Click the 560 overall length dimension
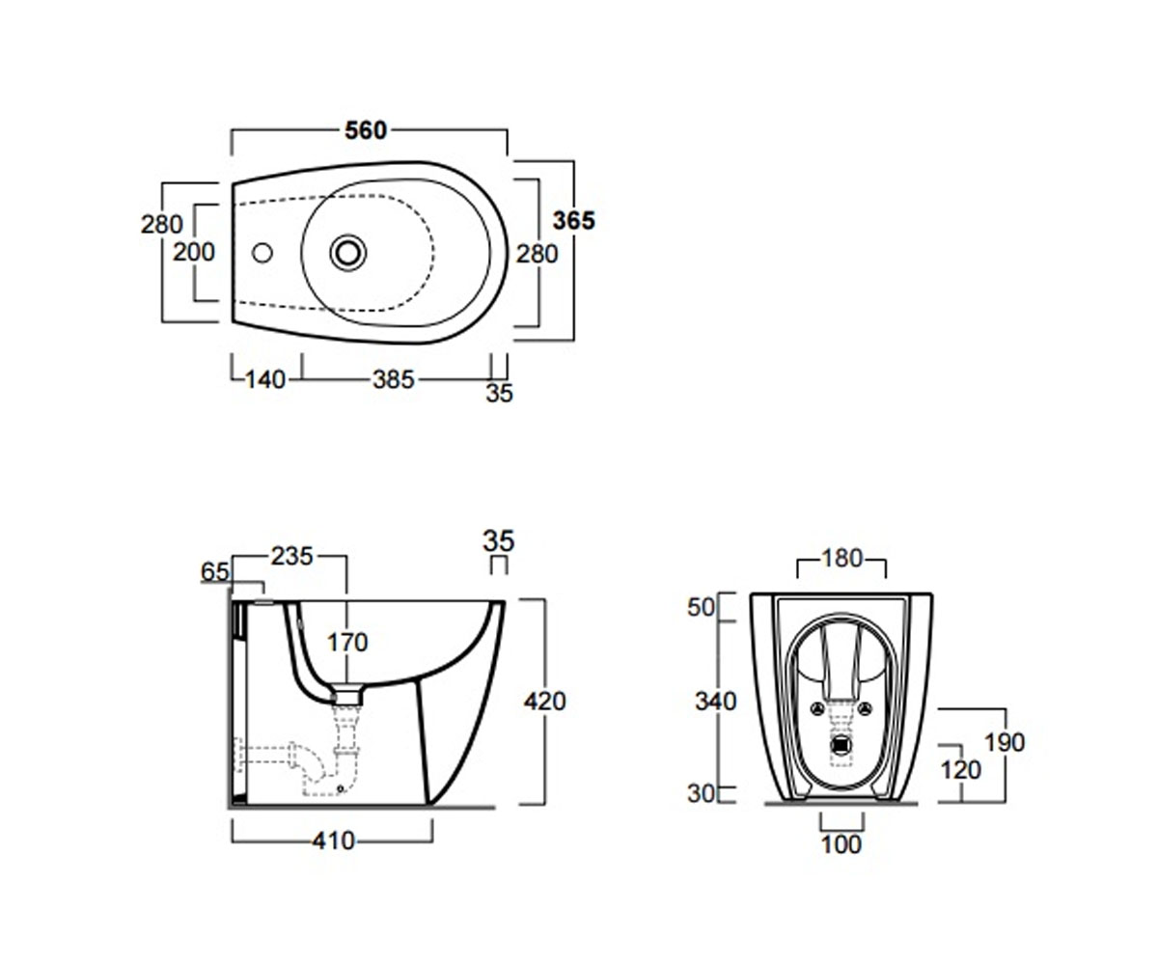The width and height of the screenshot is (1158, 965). click(x=366, y=130)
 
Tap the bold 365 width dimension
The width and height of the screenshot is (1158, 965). click(x=574, y=220)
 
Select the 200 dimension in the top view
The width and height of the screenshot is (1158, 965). click(x=194, y=252)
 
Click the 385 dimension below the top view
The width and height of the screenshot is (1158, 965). click(x=393, y=380)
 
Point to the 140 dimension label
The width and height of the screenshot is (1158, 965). click(x=265, y=380)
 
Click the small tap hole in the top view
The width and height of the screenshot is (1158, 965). click(x=262, y=253)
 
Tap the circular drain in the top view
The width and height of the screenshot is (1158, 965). click(x=348, y=253)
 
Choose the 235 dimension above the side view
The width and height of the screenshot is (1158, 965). click(x=291, y=556)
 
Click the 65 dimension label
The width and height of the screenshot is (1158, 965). click(x=214, y=572)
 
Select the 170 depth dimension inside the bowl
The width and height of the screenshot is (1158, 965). click(x=347, y=643)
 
